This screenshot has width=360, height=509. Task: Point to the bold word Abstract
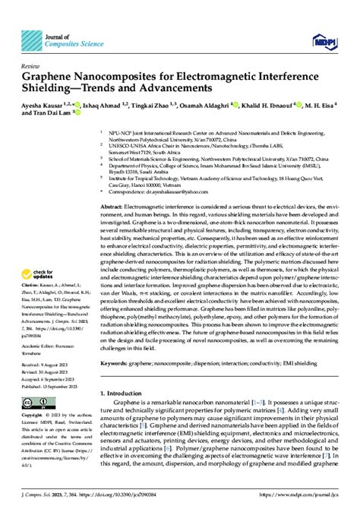pyautogui.click(x=112, y=185)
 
